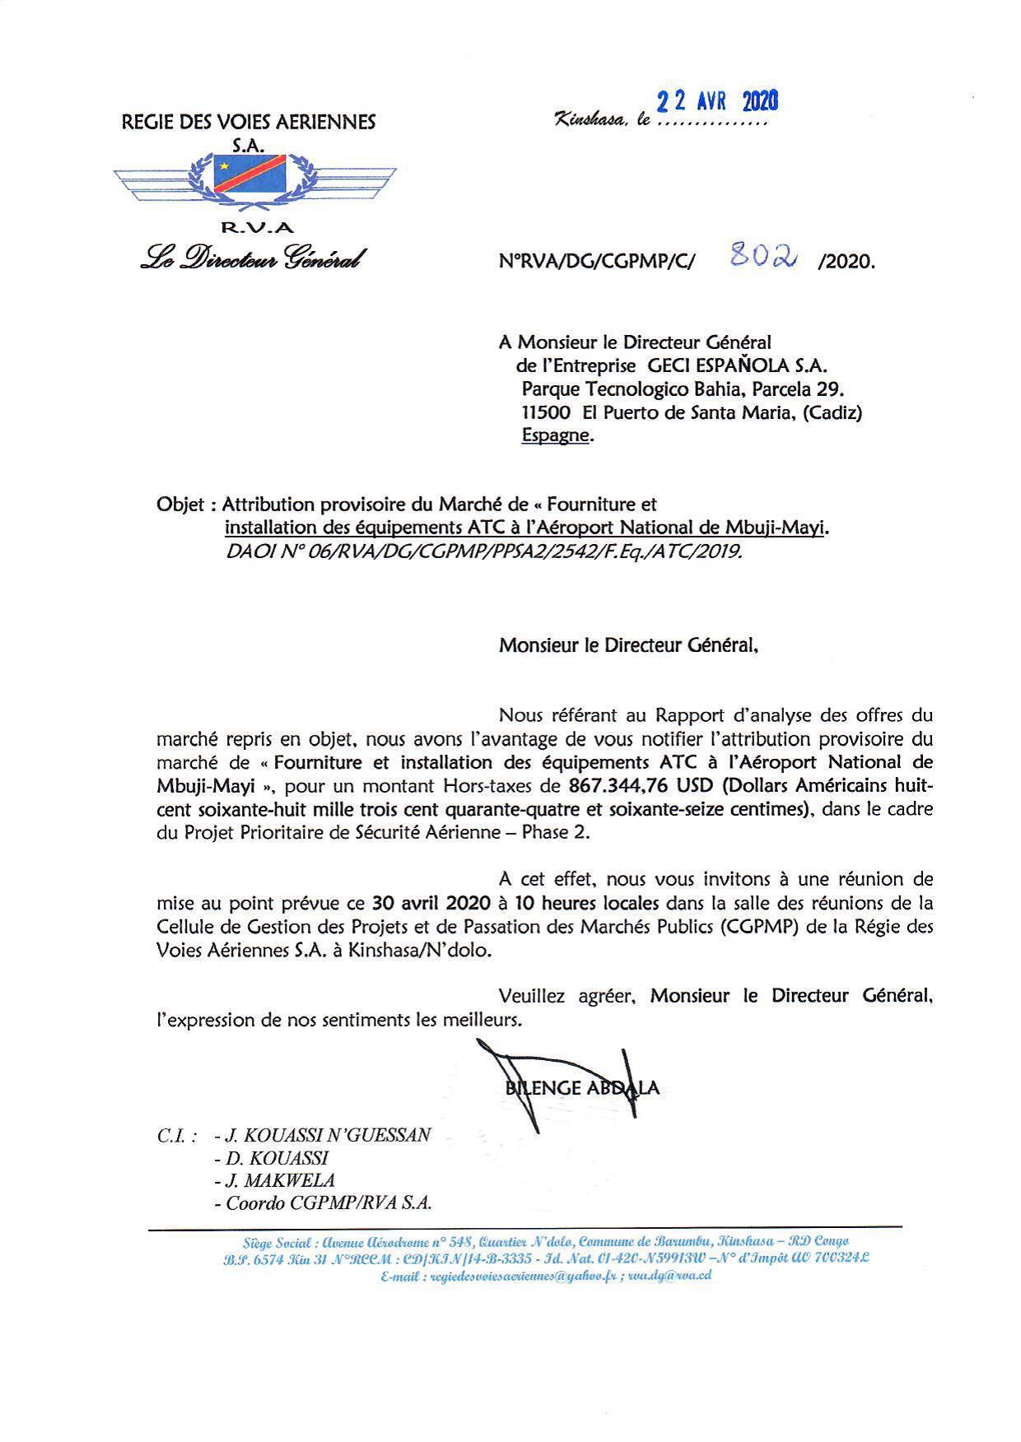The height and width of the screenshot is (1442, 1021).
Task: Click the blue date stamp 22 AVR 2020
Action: point(716,101)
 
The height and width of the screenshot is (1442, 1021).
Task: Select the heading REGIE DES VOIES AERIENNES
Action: point(248,123)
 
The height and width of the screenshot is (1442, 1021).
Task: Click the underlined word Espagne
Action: point(556,435)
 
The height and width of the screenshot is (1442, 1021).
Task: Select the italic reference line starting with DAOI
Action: point(483,551)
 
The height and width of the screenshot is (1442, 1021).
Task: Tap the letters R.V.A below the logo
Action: point(257,229)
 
